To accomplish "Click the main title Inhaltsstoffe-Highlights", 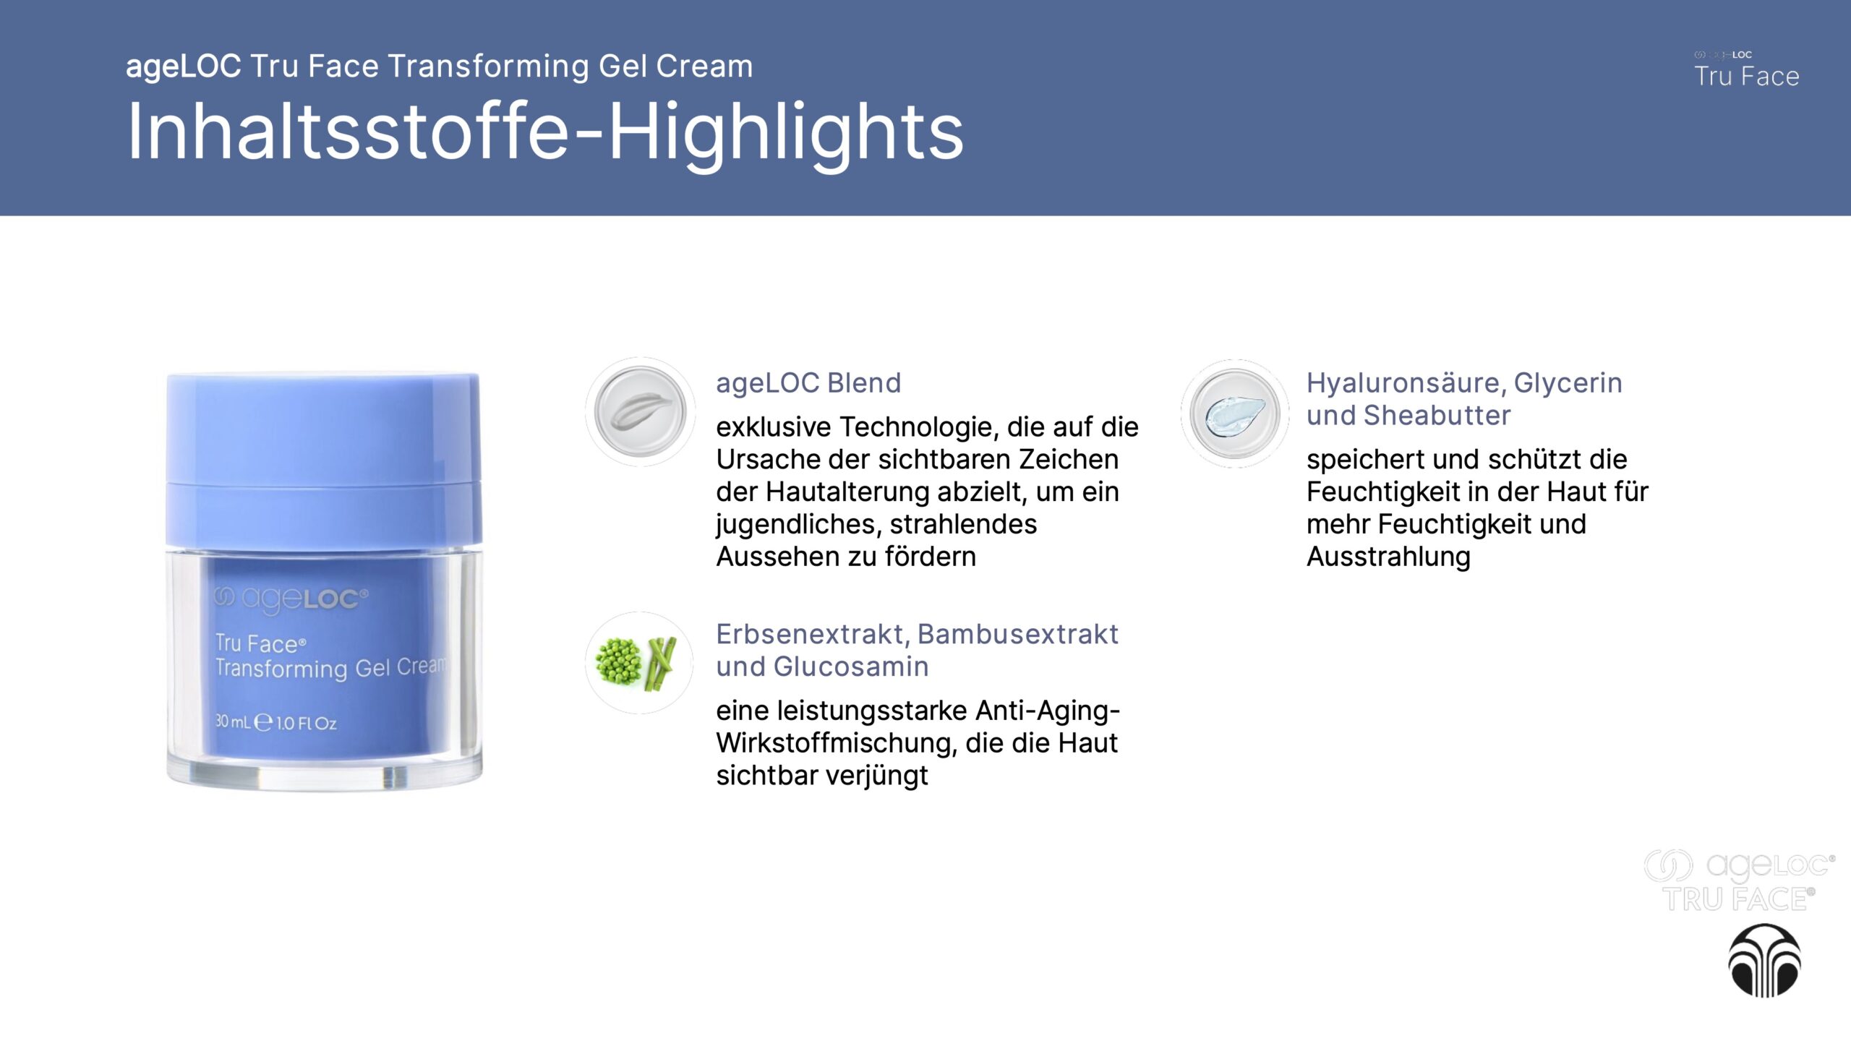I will pos(545,132).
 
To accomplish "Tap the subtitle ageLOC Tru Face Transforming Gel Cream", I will pos(439,66).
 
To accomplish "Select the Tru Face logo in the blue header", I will pos(1746,70).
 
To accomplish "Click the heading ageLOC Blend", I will pos(808,382).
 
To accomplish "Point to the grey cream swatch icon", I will pos(640,411).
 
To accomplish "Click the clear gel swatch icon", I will pos(1235,414).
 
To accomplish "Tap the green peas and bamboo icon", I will pos(638,662).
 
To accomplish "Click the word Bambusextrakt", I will pos(1017,634).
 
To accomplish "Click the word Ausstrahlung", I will pos(1388,557).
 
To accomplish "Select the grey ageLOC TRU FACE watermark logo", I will pos(1738,881).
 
